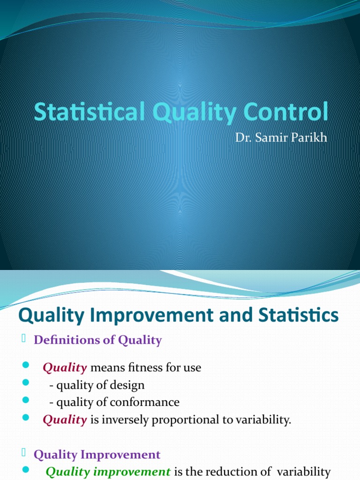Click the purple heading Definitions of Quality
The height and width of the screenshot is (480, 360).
[97, 340]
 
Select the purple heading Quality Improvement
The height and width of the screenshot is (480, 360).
[97, 454]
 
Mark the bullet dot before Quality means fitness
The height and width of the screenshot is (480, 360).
[25, 366]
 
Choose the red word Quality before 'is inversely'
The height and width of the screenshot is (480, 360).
[65, 420]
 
